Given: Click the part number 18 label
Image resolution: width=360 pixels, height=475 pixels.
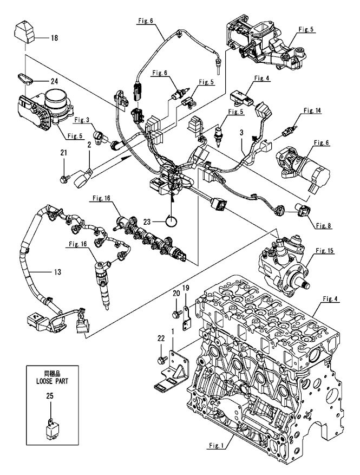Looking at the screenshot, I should tap(54, 39).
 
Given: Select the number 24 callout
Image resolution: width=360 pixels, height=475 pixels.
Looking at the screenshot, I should tap(54, 81).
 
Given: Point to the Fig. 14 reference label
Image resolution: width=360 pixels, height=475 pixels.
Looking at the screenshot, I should tap(312, 110).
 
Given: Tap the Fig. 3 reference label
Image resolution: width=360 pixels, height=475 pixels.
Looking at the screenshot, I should tap(81, 120).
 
